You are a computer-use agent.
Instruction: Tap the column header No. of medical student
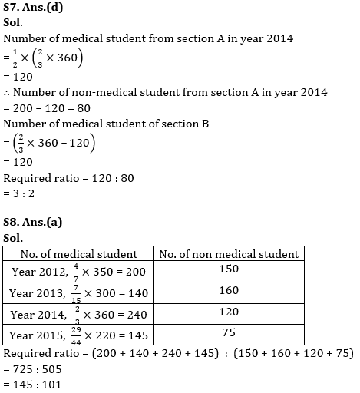[79, 254]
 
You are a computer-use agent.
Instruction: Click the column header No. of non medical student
[228, 254]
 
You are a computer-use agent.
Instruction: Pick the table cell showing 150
[228, 269]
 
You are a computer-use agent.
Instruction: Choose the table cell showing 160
[228, 292]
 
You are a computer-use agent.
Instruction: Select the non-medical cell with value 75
[228, 333]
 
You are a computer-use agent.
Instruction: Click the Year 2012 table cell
[79, 272]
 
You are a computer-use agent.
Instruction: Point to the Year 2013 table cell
[79, 293]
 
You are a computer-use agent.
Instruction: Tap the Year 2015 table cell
[79, 335]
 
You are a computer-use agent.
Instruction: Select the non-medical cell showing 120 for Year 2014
[228, 313]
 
